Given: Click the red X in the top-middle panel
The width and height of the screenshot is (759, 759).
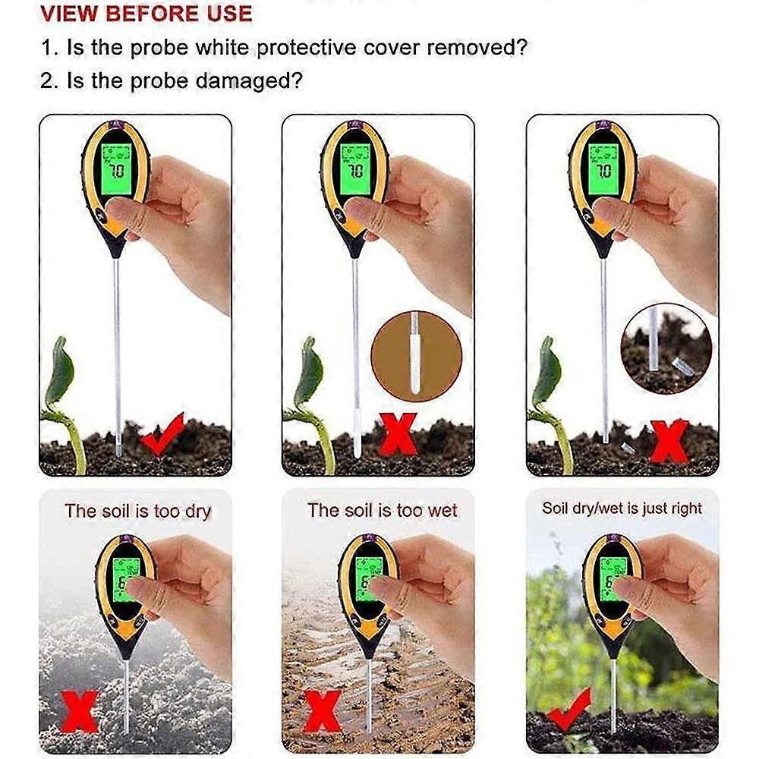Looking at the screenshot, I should point(398,433).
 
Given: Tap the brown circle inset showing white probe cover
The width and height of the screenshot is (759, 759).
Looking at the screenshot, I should point(416,356).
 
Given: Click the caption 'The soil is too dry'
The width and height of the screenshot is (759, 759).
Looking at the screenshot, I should point(137,511).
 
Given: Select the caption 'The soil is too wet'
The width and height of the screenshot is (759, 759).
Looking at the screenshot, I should point(383,511).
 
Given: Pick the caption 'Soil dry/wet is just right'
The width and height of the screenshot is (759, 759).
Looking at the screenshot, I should point(622,509).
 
